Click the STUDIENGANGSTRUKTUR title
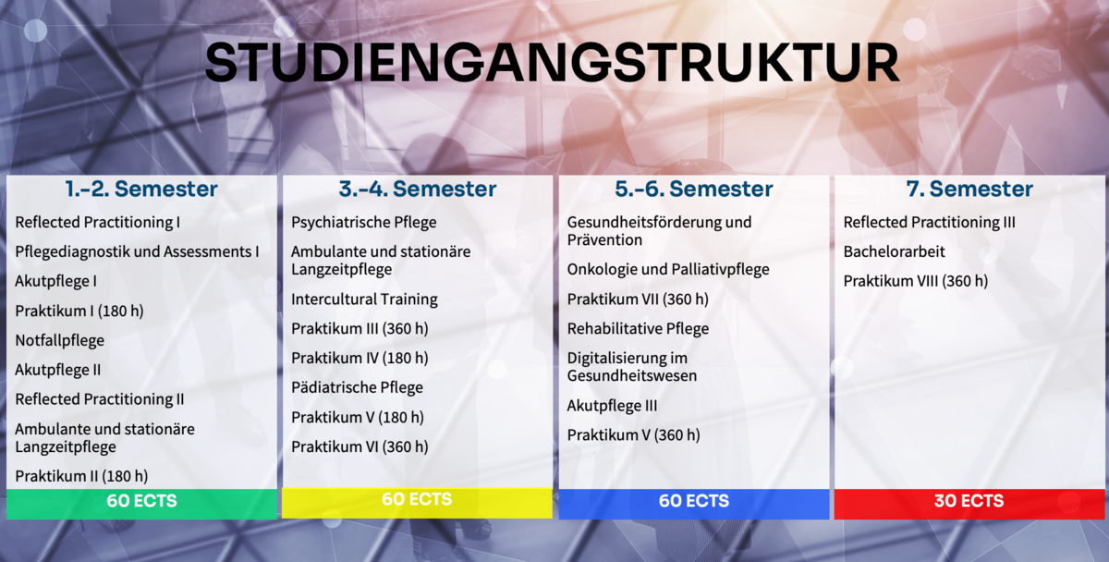pyautogui.click(x=552, y=62)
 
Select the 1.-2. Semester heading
pyautogui.click(x=141, y=189)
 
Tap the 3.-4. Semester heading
pyautogui.click(x=418, y=189)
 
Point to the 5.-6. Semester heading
pyautogui.click(x=694, y=189)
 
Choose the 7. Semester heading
pyautogui.click(x=969, y=189)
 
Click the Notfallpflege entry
pyautogui.click(x=60, y=341)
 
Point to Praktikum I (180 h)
pyautogui.click(x=79, y=311)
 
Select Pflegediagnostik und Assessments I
pyautogui.click(x=137, y=252)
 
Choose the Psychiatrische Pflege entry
pyautogui.click(x=364, y=223)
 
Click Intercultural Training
pyautogui.click(x=364, y=299)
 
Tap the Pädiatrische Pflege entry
pyautogui.click(x=357, y=387)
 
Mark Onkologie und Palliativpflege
pyautogui.click(x=668, y=269)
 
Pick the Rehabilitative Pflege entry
pyautogui.click(x=639, y=329)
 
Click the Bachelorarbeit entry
pyautogui.click(x=895, y=251)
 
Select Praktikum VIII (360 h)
pyautogui.click(x=916, y=281)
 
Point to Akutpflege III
pyautogui.click(x=612, y=406)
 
